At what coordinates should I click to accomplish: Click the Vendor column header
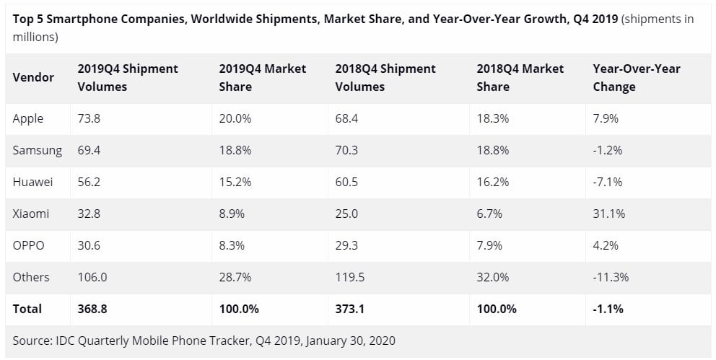tap(33, 77)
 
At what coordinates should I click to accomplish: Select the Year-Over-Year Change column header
tap(636, 77)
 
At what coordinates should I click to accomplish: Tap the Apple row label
tap(28, 118)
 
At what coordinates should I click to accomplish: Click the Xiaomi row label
tap(31, 214)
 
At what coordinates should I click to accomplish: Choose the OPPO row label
tap(29, 245)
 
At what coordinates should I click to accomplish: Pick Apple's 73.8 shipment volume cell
tap(89, 118)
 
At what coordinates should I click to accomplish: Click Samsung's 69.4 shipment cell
tap(89, 150)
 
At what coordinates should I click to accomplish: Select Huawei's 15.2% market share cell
tap(235, 182)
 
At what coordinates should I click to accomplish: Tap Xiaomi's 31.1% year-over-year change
tap(608, 214)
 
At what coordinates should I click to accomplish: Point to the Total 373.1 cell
tap(349, 309)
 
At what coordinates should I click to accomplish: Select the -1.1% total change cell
tap(608, 309)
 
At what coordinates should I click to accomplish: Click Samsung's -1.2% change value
tap(607, 150)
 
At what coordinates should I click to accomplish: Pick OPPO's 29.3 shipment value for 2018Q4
tap(347, 245)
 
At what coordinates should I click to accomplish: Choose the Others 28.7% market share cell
tap(235, 277)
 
